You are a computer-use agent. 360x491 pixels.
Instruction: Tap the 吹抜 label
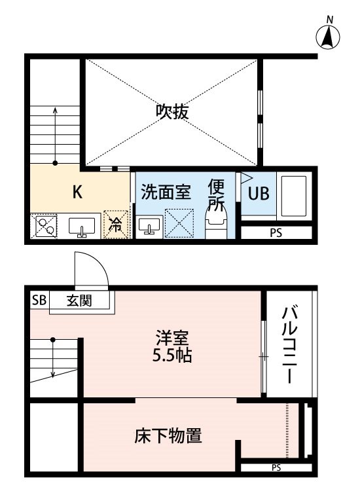coord(172,111)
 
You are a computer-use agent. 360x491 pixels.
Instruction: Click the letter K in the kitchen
coord(77,192)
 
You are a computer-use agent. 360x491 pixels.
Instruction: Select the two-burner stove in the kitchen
coord(44,226)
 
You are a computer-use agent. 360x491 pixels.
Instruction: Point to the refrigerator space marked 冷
coord(116,225)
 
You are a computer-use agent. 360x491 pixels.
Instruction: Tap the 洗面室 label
coord(166,192)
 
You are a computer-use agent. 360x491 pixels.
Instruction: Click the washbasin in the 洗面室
coord(149,225)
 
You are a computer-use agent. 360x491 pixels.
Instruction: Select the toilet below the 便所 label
coord(216,224)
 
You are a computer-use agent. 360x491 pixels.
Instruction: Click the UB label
coord(259,193)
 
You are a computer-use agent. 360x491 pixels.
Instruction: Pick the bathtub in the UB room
coord(294,196)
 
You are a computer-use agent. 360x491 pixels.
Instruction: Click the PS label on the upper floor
coord(276,232)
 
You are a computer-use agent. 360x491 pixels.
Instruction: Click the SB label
coord(39,300)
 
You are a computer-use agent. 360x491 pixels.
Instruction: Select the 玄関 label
coord(79,300)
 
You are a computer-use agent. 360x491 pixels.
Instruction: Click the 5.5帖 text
coord(172,356)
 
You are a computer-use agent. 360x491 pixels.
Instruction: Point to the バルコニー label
coord(289,344)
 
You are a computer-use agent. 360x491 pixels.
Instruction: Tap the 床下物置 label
coord(168,435)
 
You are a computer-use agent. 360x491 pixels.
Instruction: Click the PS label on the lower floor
coord(276,467)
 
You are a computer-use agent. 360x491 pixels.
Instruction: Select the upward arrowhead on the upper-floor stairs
coord(55,109)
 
